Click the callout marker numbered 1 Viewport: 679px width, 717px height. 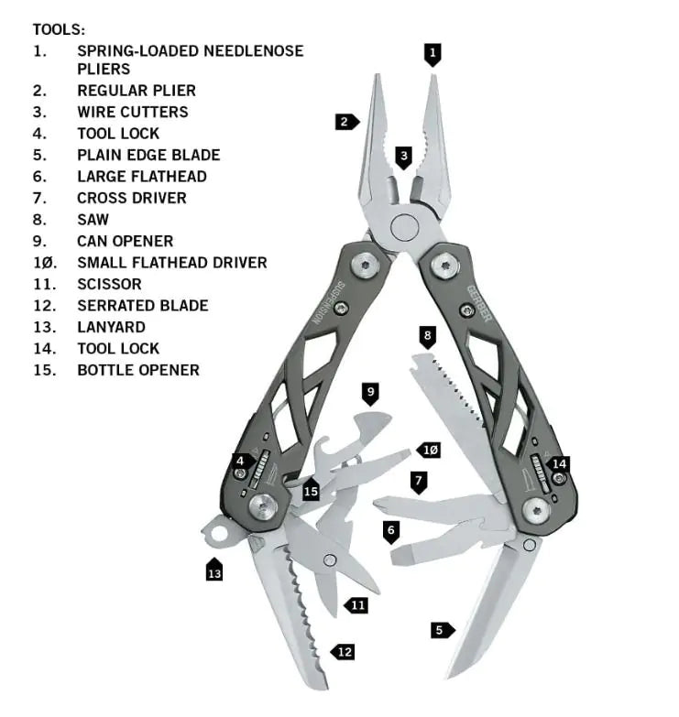point(433,53)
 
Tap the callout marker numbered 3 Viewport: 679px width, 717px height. point(404,157)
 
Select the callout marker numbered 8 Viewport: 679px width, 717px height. point(427,336)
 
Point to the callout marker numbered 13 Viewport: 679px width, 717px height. point(214,572)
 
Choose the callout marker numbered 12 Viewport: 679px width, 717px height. point(343,652)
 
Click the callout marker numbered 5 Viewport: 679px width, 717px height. point(442,629)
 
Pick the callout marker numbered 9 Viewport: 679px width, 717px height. point(370,393)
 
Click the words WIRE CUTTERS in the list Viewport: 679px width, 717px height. point(132,112)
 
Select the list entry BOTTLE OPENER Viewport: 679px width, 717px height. point(137,370)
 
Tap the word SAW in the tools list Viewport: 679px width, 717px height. point(93,220)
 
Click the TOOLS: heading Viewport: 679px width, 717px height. point(59,30)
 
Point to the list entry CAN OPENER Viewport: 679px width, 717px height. point(125,241)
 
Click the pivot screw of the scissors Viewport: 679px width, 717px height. point(330,560)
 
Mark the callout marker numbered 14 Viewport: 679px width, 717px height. point(558,463)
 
